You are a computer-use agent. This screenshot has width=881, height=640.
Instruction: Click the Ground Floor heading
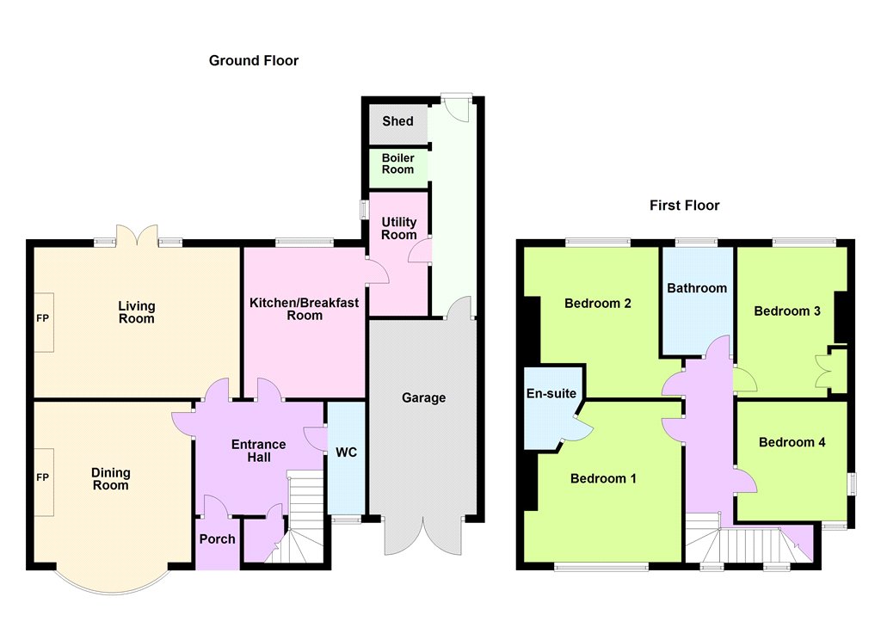[x=254, y=61]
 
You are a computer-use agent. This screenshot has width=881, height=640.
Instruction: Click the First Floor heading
[x=684, y=205]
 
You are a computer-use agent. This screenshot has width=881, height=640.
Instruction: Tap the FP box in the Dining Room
[x=45, y=482]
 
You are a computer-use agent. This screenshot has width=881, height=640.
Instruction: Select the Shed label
[x=397, y=120]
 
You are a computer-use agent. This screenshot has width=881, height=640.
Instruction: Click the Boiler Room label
[x=397, y=163]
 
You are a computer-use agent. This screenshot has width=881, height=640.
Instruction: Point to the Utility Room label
[x=399, y=228]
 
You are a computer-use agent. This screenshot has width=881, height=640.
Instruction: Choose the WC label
[x=346, y=452]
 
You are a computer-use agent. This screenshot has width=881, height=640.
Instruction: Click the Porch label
[x=218, y=538]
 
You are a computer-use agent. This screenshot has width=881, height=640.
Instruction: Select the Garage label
[x=423, y=397]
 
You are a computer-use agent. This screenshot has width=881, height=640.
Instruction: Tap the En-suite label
[x=551, y=393]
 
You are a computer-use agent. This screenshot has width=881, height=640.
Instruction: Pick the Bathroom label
[x=697, y=288]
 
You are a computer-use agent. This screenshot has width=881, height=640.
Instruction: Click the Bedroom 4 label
[x=792, y=442]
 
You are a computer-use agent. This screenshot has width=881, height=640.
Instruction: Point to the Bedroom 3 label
[x=787, y=311]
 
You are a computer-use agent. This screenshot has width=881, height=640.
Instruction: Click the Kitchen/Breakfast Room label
[x=304, y=309]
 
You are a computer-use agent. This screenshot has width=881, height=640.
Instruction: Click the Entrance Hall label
[x=258, y=451]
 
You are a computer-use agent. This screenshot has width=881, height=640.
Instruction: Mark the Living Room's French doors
[x=137, y=236]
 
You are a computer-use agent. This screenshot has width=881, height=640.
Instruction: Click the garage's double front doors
[x=423, y=535]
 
